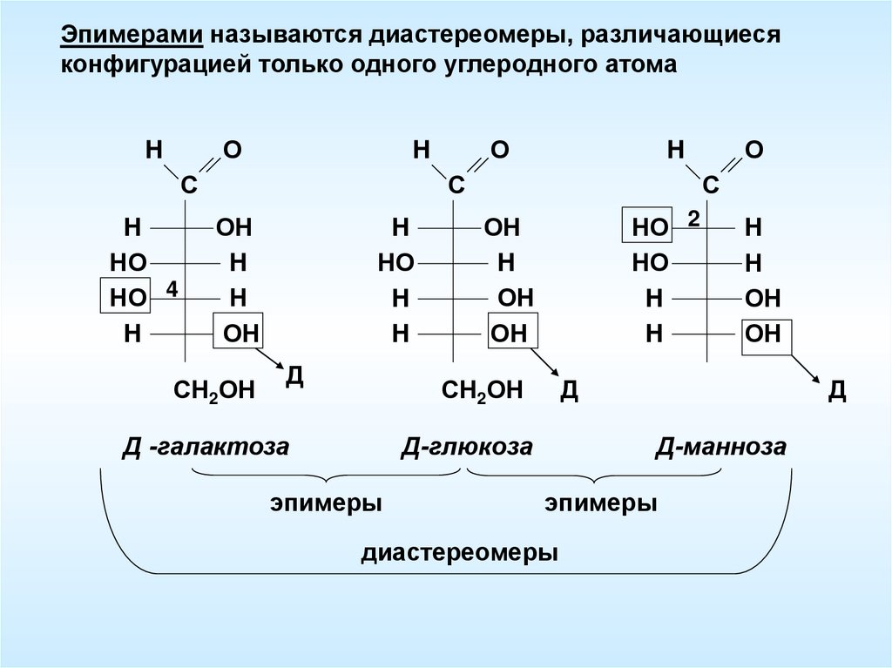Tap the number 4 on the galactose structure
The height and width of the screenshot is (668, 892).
[172, 288]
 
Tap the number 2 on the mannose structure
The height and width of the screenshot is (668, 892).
[693, 219]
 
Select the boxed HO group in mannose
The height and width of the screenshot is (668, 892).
[649, 228]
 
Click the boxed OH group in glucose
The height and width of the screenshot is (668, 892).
[510, 333]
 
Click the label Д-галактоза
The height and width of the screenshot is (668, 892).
[206, 448]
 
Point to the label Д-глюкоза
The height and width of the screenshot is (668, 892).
[466, 448]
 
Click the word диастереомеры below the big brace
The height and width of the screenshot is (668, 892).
[460, 553]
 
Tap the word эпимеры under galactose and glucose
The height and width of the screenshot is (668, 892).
[327, 503]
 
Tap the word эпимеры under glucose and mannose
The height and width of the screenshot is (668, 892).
[601, 503]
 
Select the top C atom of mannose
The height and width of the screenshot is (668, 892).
[711, 185]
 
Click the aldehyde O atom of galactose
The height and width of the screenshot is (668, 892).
[232, 150]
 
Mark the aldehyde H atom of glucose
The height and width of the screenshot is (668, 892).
[422, 150]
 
